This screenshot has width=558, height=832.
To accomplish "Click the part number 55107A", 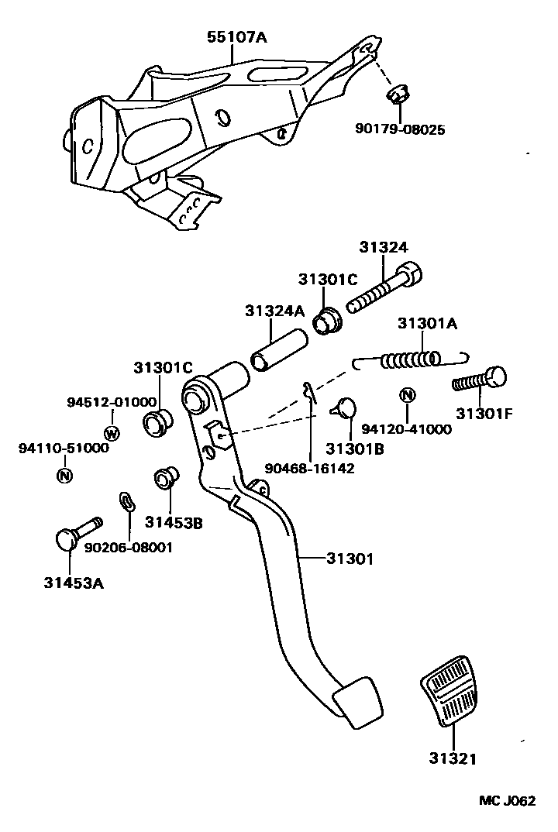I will [236, 36].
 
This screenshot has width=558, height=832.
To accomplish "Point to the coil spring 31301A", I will [412, 359].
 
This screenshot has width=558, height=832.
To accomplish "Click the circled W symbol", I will [112, 432].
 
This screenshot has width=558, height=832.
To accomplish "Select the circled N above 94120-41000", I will [407, 396].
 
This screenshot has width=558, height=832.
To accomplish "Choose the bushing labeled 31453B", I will [165, 478].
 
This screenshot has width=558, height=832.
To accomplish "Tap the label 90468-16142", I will [309, 467].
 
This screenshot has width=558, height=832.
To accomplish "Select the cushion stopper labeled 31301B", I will [346, 407].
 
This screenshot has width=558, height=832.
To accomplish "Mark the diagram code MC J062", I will [505, 801].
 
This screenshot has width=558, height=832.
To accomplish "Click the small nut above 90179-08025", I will [397, 95].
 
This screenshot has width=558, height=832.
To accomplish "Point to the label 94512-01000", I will [112, 401].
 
